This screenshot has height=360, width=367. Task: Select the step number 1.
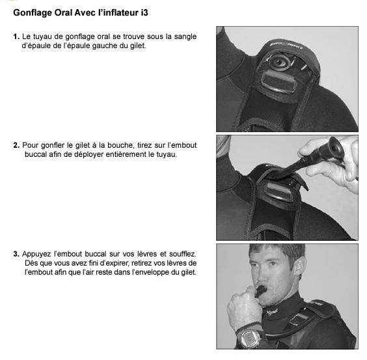click(16, 37)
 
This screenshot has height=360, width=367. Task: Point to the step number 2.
click(16, 145)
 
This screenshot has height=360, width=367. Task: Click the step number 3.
click(16, 253)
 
